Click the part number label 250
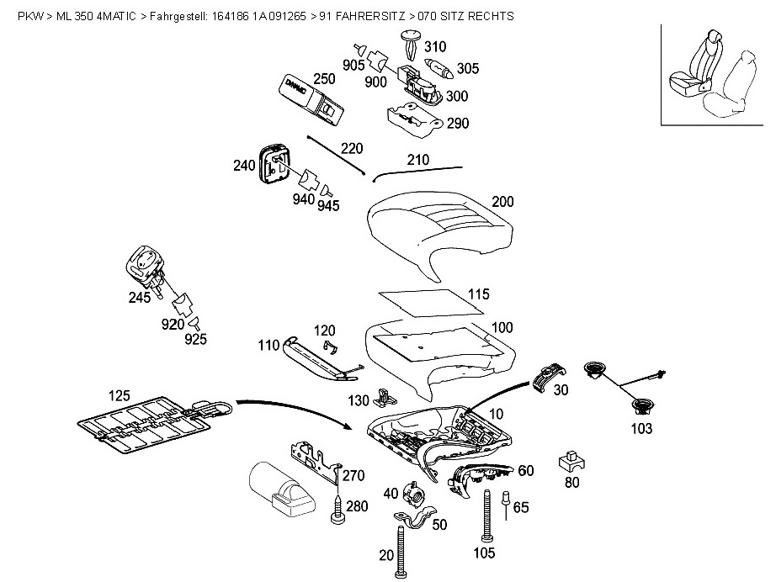[x=324, y=79]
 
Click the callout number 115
[x=479, y=294]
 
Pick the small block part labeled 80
[x=571, y=462]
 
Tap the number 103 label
[x=640, y=429]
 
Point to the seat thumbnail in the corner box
[x=714, y=75]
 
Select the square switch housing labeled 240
[x=274, y=162]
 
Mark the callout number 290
[x=458, y=123]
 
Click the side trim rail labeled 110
[x=320, y=358]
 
